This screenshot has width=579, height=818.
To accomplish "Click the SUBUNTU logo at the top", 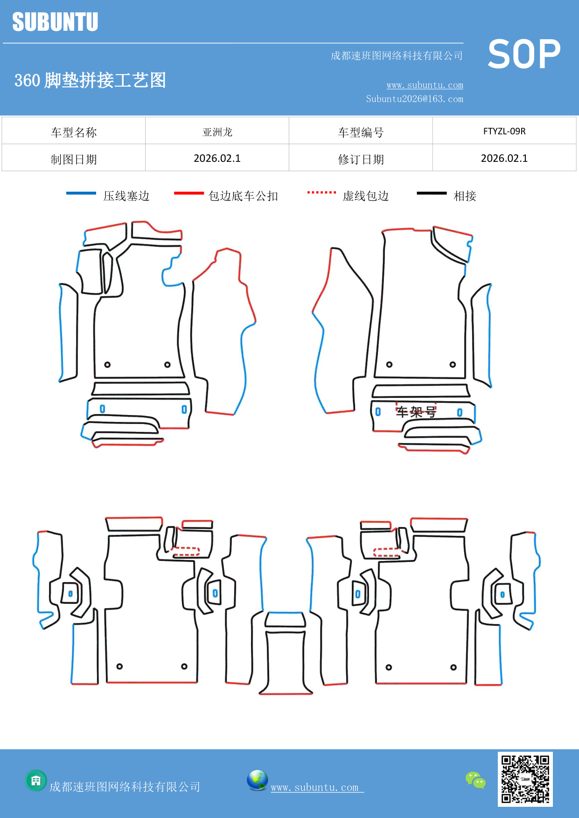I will click(x=55, y=22).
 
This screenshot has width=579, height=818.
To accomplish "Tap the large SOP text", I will click(x=524, y=54).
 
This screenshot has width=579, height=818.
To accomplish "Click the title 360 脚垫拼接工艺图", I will click(x=91, y=80).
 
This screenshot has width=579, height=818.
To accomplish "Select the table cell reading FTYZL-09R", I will click(x=504, y=131).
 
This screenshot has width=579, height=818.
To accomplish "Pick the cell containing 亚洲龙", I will click(x=217, y=132).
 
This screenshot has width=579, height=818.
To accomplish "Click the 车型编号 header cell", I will click(x=361, y=132).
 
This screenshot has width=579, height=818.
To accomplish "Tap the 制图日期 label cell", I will click(x=74, y=159).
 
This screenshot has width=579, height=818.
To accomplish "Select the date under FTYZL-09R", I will click(x=504, y=159).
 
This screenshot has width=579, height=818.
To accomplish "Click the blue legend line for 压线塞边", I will click(x=81, y=193).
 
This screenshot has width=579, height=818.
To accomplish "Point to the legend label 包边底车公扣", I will click(x=243, y=196).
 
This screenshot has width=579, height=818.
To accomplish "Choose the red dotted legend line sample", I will click(x=321, y=192).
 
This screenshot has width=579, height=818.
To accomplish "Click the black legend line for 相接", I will click(x=432, y=193).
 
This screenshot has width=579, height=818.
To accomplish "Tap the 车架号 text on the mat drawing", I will click(x=416, y=412).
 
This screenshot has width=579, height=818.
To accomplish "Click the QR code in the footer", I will click(x=525, y=779).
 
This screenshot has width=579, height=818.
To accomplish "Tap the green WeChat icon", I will click(x=475, y=780).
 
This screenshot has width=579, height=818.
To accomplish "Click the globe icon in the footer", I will click(x=257, y=780).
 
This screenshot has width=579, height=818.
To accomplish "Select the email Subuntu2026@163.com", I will click(x=414, y=99).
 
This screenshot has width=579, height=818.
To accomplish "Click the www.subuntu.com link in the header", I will click(x=425, y=85).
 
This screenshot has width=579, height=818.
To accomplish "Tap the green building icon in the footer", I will click(x=36, y=780).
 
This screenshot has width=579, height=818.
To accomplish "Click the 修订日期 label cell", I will click(x=361, y=159).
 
